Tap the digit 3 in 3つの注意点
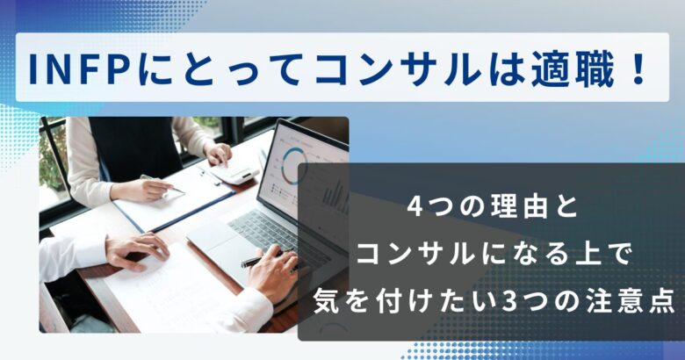[509, 302]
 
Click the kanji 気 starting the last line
[326, 302]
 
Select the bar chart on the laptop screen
[335, 195]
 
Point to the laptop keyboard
[270, 232]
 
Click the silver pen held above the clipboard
[162, 184]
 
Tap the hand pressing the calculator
[218, 154]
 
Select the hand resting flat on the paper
[136, 251]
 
